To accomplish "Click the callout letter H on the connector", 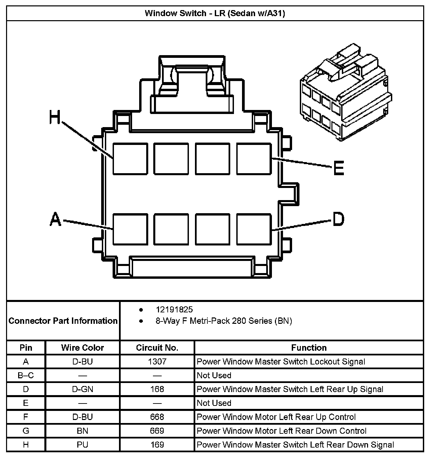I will (x=55, y=118).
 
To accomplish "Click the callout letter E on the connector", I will (x=338, y=168).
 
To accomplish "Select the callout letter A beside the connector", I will (x=55, y=219).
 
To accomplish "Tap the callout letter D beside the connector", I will (x=338, y=219).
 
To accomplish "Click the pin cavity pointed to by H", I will (x=130, y=159).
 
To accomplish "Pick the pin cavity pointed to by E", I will (x=254, y=159).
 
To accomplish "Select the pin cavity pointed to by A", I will (x=130, y=229).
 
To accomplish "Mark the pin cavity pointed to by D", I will (x=254, y=229).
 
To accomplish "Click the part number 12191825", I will (x=174, y=309).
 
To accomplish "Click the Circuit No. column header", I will (x=157, y=348).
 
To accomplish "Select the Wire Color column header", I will (x=82, y=348).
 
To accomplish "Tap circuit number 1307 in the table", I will (x=157, y=361).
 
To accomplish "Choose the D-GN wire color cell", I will (x=82, y=389).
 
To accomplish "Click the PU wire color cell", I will (x=82, y=445).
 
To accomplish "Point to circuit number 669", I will (x=157, y=431).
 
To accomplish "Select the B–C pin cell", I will (x=26, y=375).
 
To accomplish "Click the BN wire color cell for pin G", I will (x=82, y=431).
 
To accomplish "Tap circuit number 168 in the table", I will (x=157, y=389).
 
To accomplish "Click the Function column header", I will (x=309, y=348).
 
